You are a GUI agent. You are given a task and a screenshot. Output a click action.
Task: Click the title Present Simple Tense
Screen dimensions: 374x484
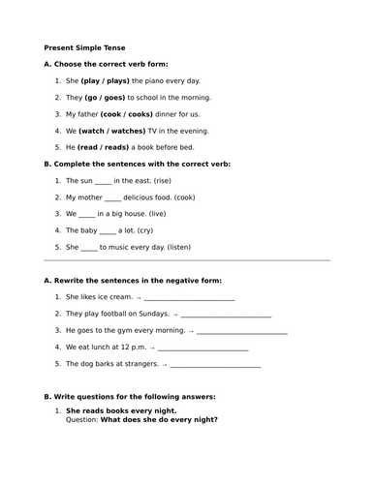coord(84,47)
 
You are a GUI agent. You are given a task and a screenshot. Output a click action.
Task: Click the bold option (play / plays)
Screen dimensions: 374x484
coord(107,81)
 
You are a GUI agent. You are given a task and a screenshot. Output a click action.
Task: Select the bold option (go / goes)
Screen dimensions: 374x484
coord(109,98)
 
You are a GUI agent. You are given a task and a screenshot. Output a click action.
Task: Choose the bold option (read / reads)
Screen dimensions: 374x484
coord(103,147)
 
